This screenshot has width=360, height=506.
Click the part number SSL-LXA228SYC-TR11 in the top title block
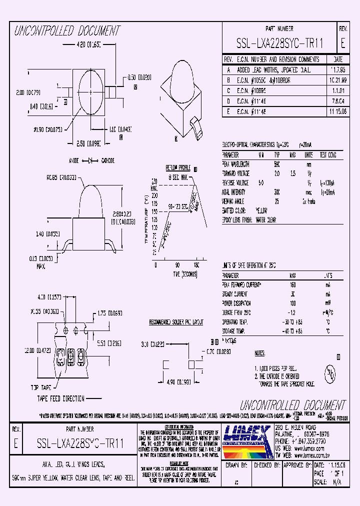(x=279, y=43)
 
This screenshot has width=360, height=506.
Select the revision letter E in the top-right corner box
(x=342, y=43)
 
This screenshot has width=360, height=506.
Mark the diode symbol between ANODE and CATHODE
(x=90, y=160)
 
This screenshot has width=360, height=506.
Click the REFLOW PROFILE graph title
(x=179, y=168)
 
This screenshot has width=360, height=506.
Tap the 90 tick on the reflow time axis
(x=176, y=265)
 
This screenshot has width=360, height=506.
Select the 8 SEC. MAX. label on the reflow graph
(x=177, y=177)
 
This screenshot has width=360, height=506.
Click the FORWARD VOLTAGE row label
(x=236, y=173)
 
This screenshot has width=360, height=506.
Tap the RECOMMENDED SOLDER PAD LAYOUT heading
(x=176, y=322)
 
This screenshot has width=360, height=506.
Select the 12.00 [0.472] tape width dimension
(x=28, y=351)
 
